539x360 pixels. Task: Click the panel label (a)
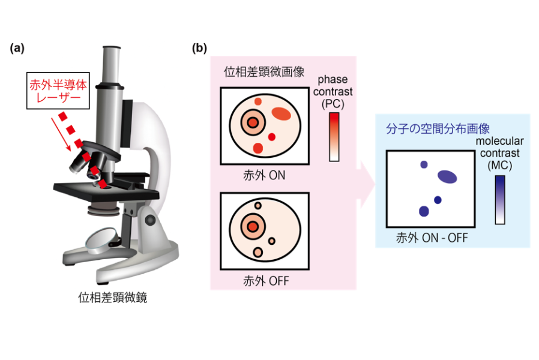(x=17, y=48)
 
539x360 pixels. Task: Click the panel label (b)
(x=199, y=48)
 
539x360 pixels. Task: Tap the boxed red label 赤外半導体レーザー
(x=58, y=91)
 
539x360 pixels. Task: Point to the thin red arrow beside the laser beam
(x=61, y=134)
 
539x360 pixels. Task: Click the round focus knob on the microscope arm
(x=150, y=220)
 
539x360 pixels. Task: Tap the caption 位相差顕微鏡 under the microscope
(x=113, y=298)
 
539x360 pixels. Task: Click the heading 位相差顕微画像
(x=264, y=72)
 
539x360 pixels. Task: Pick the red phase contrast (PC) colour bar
(x=334, y=137)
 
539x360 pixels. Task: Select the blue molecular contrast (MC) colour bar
(x=500, y=200)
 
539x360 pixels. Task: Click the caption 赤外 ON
(x=264, y=176)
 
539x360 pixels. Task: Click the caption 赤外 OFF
(x=266, y=281)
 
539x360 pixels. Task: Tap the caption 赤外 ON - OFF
(x=432, y=238)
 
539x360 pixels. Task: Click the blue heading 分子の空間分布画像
(x=438, y=129)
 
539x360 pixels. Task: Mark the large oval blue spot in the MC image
(x=447, y=176)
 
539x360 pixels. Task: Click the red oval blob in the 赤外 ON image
(x=281, y=114)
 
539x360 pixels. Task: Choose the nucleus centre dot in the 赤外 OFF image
(x=253, y=227)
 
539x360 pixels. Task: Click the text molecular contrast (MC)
(x=499, y=153)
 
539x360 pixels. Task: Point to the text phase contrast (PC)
(x=333, y=92)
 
